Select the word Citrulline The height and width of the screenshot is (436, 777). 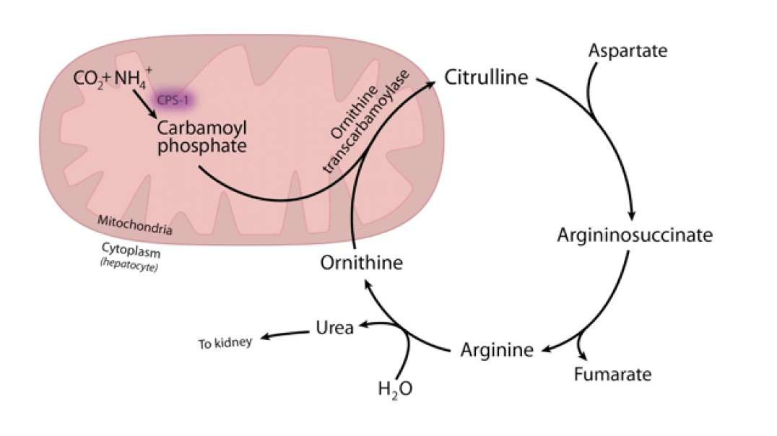487,77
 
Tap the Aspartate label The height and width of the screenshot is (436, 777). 628,51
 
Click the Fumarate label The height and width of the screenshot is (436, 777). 613,375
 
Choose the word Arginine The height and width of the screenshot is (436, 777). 497,351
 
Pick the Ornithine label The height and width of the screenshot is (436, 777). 361,262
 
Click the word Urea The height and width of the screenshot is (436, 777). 335,328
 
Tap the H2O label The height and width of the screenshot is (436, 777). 395,389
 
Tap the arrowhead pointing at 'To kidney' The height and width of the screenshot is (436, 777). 264,337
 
